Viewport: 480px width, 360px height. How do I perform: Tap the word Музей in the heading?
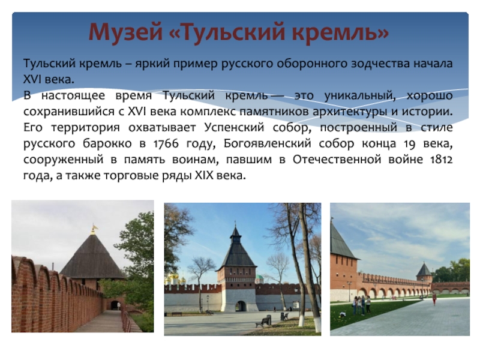[x=125, y=32]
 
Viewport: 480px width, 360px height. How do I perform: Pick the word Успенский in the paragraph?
[x=234, y=127]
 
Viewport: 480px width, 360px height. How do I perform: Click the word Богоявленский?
[x=267, y=143]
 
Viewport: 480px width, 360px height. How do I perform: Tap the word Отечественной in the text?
[x=337, y=160]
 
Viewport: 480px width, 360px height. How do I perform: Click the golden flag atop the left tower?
[x=94, y=228]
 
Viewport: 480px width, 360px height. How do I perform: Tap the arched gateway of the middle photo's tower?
[x=241, y=306]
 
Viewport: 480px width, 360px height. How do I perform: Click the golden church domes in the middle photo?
[x=175, y=278]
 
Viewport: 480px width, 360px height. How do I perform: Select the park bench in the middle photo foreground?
[x=263, y=322]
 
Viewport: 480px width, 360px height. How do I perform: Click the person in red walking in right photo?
[x=434, y=299]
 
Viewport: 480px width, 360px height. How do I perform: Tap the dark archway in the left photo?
[x=115, y=305]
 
